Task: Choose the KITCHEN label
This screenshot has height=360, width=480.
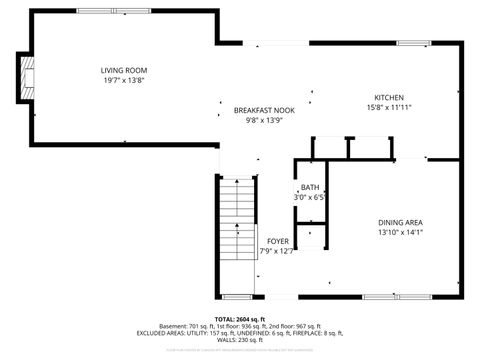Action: coord(389,97)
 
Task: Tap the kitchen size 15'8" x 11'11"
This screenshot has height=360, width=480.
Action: coord(389,107)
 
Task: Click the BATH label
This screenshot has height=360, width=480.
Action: coord(310,188)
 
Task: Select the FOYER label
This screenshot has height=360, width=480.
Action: coord(277,241)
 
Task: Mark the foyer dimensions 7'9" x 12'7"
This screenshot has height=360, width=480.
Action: coord(277,251)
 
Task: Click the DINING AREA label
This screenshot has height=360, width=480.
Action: coord(400,222)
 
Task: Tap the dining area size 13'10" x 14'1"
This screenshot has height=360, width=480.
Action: coord(400,232)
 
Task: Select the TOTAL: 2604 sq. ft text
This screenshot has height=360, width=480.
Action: coord(239,318)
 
